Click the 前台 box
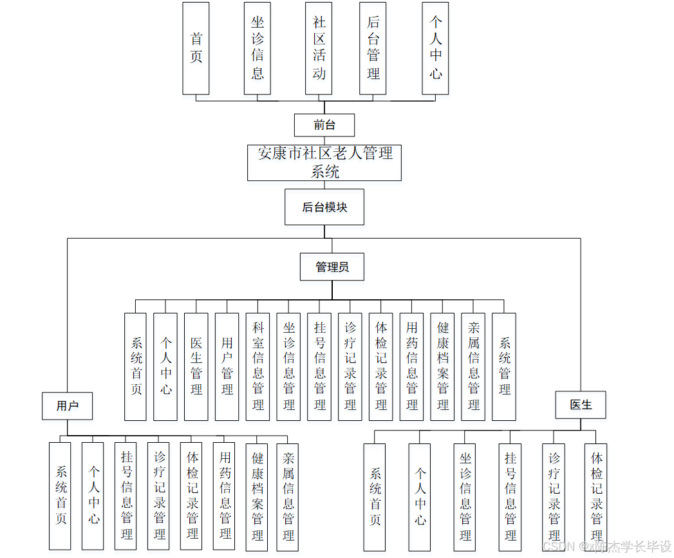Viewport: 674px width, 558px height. pos(324,125)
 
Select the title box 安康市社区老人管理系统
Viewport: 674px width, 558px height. pos(324,162)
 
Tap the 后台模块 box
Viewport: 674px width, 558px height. pos(324,207)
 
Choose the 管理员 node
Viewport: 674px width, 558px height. pos(332,267)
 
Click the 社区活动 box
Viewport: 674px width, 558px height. pos(319,48)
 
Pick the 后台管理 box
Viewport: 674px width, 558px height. pos(373,48)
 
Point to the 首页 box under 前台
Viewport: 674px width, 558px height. pos(196,48)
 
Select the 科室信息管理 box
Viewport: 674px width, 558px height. pos(258,367)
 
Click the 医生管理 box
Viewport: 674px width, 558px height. pos(196,367)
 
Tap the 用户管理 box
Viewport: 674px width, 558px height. pos(227,367)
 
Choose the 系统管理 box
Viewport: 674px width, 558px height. pos(505,367)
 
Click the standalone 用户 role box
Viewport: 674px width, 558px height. pos(67,405)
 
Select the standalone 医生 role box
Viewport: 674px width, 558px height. pos(581,405)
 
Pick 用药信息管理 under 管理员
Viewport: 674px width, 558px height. pos(412,367)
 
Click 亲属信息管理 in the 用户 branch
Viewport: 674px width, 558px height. pos(288,496)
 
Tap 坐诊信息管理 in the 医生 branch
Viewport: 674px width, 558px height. pos(465,497)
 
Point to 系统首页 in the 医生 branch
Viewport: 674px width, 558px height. pos(375,497)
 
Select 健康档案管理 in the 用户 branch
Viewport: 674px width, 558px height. pos(257,496)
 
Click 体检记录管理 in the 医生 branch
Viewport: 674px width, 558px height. pos(596,497)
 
